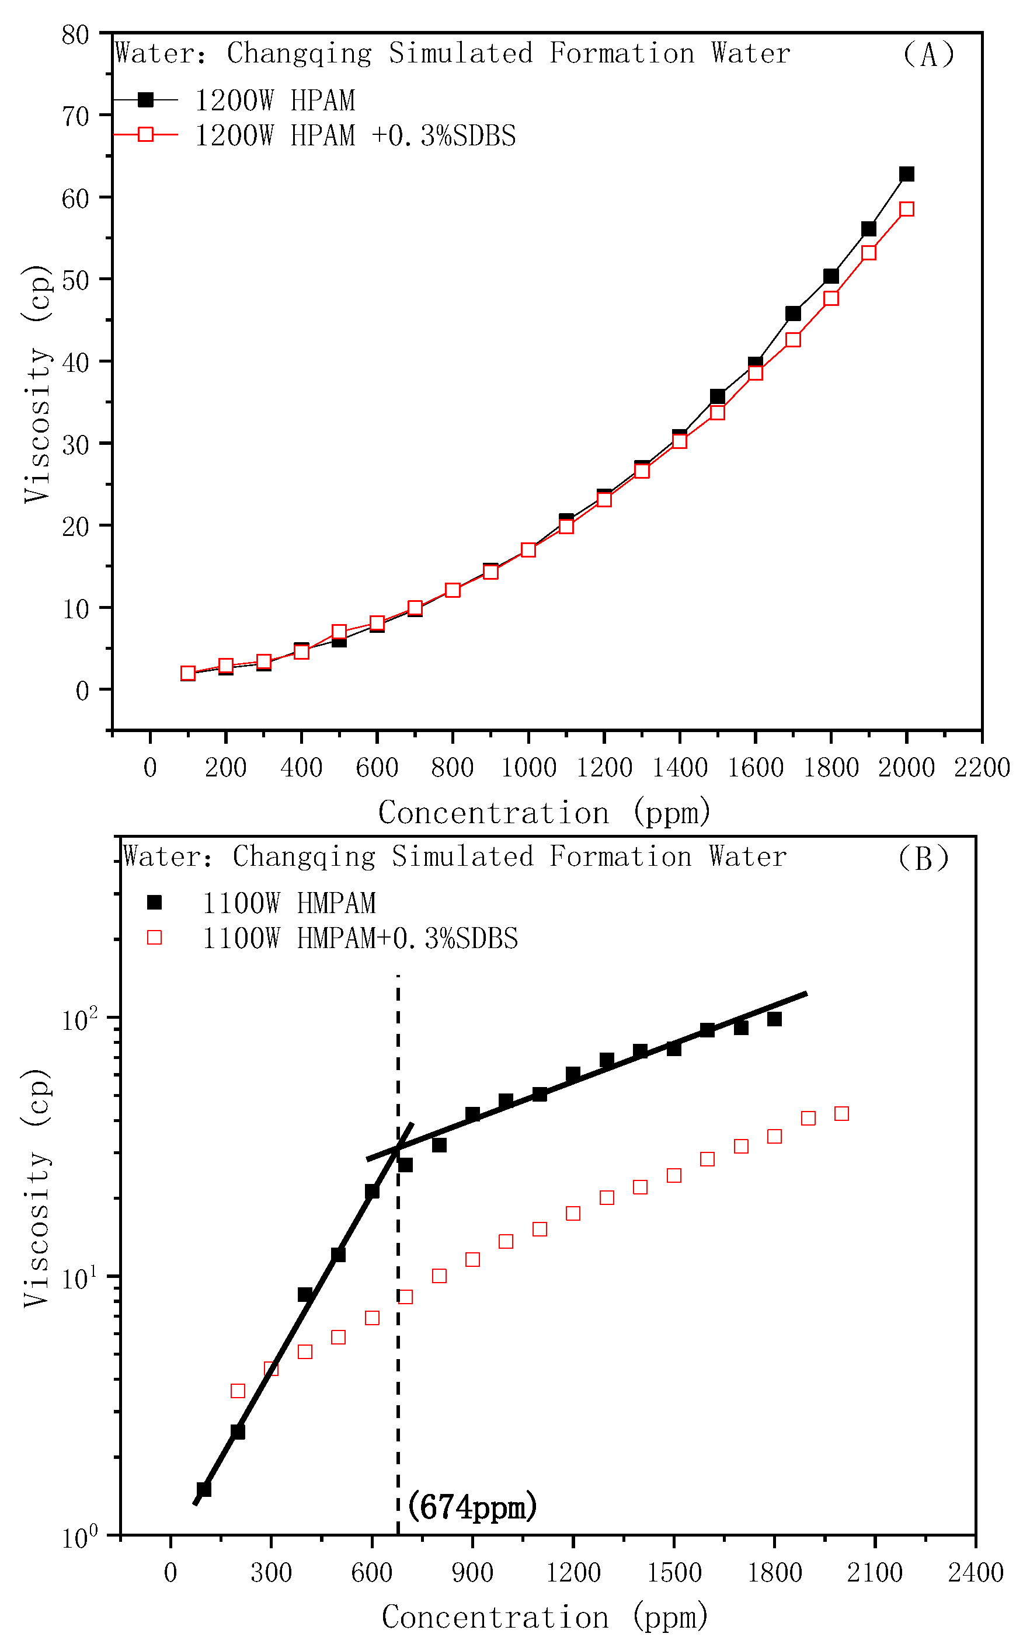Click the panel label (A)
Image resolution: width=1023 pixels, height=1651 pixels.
click(x=928, y=54)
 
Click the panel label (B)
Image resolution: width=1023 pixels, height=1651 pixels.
click(x=924, y=858)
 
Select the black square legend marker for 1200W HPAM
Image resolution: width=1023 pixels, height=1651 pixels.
click(x=145, y=100)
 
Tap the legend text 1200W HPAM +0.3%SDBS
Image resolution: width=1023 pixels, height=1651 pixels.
click(x=355, y=136)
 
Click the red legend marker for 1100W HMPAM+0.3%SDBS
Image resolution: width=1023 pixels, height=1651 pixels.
click(x=154, y=938)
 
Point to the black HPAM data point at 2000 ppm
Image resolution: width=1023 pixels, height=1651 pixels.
click(x=907, y=174)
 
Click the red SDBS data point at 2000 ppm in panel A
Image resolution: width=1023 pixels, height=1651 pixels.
click(x=907, y=209)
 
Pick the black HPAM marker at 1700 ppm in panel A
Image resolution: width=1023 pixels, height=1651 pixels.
click(x=793, y=313)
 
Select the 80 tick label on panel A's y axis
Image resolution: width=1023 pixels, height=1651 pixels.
click(x=75, y=35)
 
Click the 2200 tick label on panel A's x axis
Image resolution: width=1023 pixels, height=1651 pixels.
click(x=982, y=768)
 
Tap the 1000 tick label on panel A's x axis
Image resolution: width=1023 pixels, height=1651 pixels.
click(x=528, y=768)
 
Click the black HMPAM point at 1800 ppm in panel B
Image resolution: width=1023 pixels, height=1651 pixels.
click(x=775, y=1019)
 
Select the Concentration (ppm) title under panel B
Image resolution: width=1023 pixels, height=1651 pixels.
click(x=545, y=1617)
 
